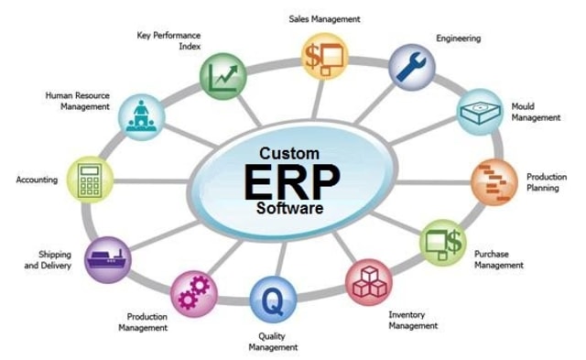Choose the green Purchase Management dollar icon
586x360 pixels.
coord(444,242)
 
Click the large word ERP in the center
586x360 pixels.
coord(291,182)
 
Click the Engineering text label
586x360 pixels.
coord(457,38)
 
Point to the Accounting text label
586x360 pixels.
coord(38,180)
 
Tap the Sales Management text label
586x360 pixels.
coord(324,18)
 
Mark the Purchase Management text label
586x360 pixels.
coord(499,259)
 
